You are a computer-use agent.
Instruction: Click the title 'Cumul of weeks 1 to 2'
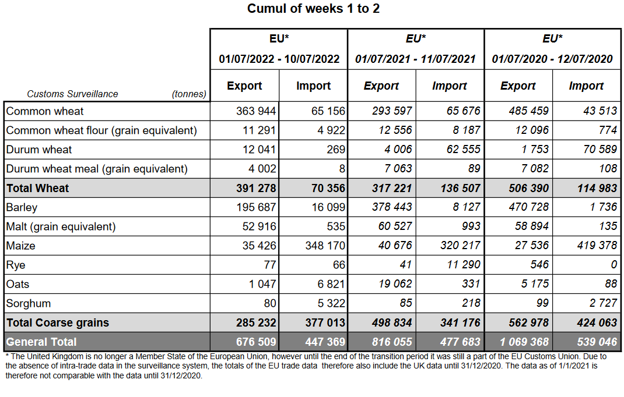coord(313,9)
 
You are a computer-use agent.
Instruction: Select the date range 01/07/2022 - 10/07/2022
coord(279,59)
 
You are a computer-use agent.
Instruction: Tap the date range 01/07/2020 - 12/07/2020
coord(552,59)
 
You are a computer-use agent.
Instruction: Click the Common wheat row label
coord(45,111)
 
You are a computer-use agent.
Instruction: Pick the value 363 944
coord(256,111)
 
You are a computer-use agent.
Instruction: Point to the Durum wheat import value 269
coord(336,150)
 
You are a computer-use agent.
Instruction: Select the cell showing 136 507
coord(458,188)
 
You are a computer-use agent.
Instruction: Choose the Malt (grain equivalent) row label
coord(61,226)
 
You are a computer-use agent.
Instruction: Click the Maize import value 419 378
coord(594,246)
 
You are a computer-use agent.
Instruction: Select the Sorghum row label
coord(29,303)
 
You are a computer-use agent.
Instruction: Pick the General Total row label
coord(41,342)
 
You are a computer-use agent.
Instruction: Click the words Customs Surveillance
coord(72,94)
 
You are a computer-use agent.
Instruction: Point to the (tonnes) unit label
coord(189,94)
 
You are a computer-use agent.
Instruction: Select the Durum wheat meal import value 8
coord(342,169)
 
